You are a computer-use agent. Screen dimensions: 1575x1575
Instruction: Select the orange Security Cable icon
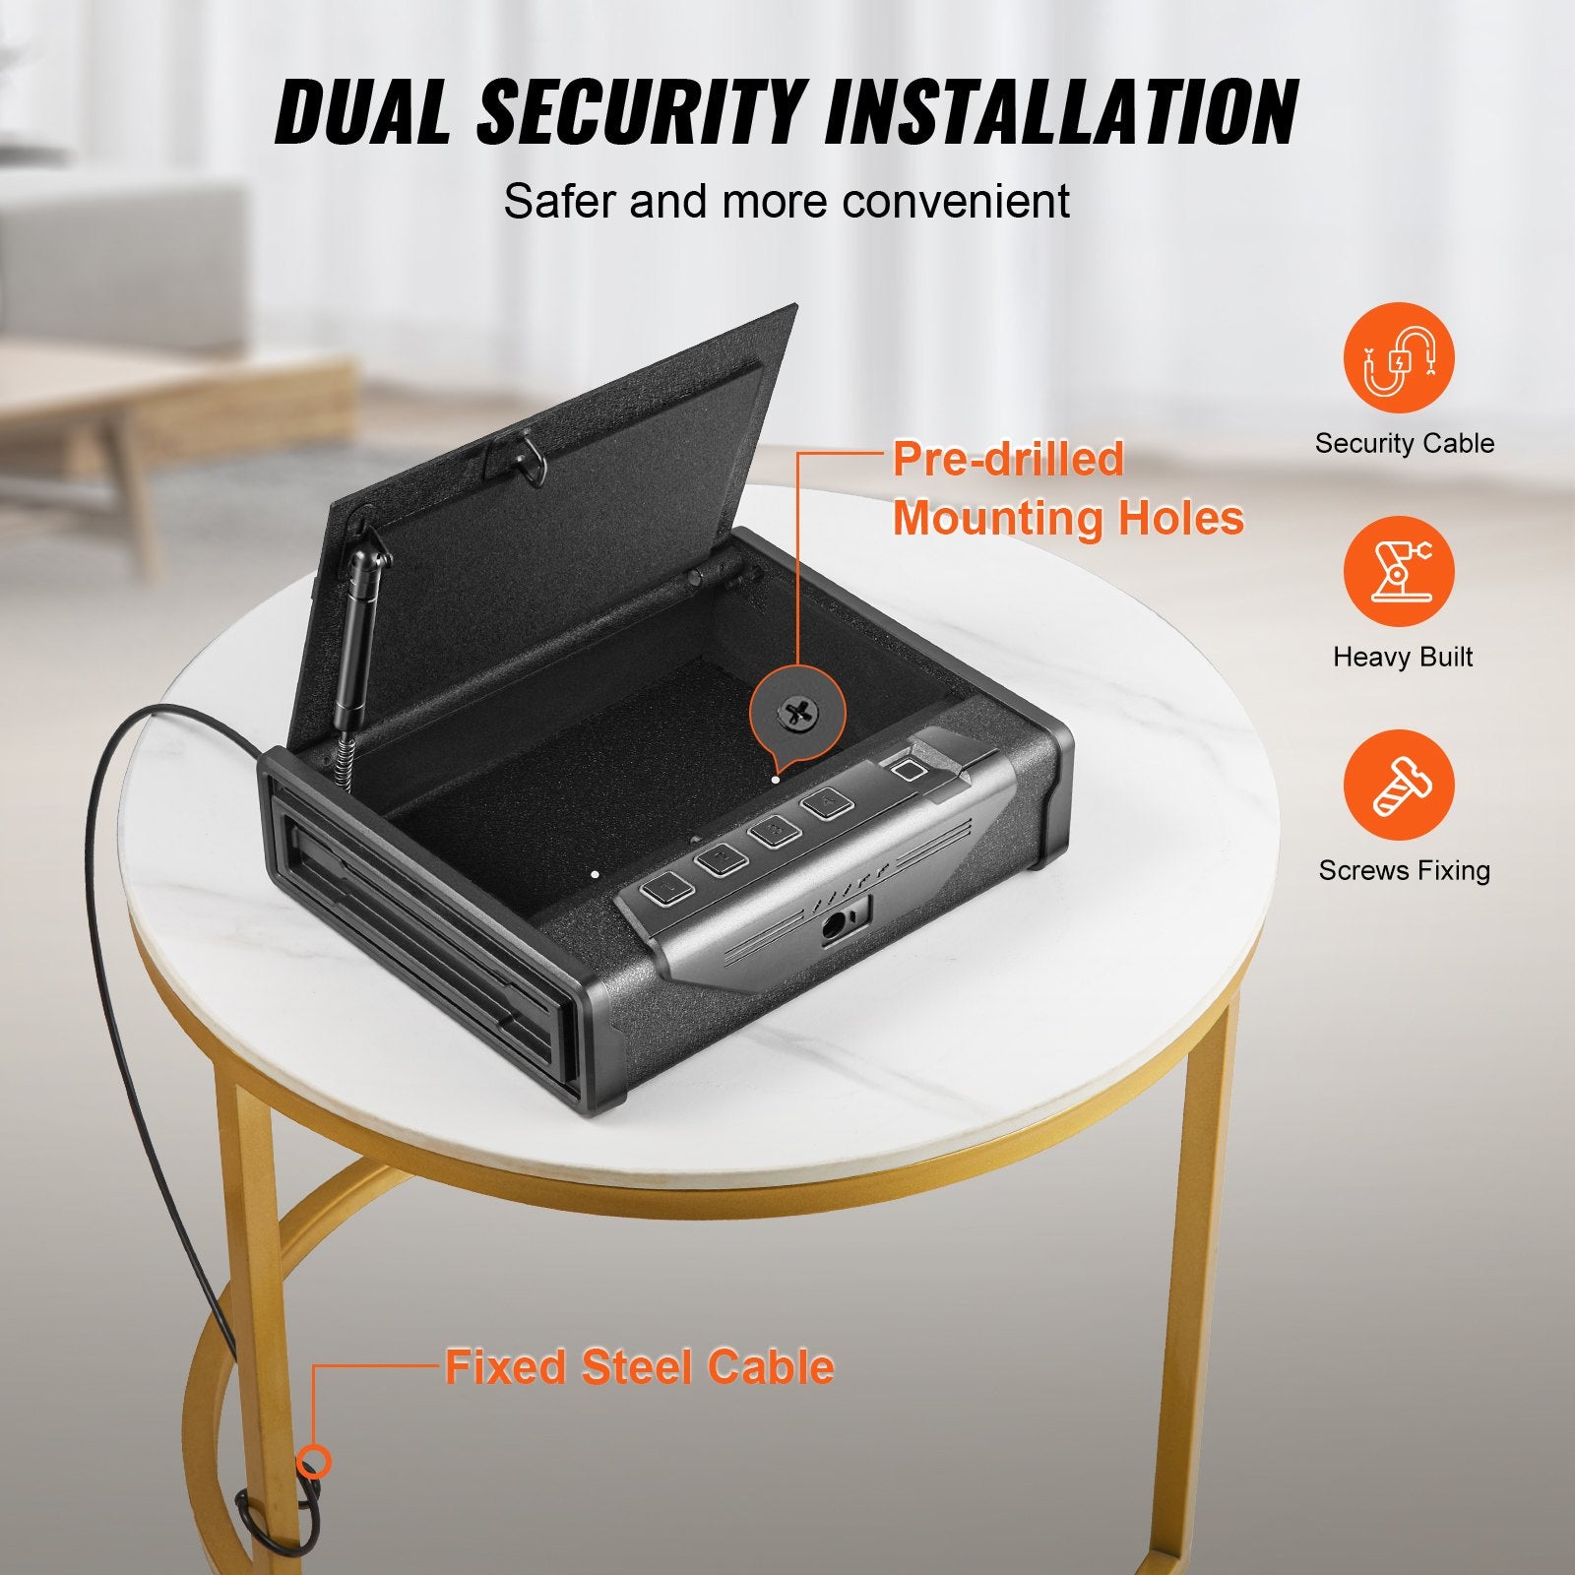pyautogui.click(x=1399, y=357)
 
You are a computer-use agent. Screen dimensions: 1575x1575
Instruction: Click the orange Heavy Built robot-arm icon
pyautogui.click(x=1399, y=571)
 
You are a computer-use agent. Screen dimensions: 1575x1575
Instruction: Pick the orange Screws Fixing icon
pyautogui.click(x=1399, y=785)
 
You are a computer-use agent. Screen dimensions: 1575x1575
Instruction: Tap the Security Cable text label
pyautogui.click(x=1404, y=443)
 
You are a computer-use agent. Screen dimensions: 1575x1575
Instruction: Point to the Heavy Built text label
pyautogui.click(x=1403, y=657)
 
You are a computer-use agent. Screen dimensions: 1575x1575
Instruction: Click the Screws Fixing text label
pyautogui.click(x=1404, y=870)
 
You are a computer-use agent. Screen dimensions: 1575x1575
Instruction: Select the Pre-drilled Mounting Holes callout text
pyautogui.click(x=1067, y=489)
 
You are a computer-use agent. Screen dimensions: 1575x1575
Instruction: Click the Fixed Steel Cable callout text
pyautogui.click(x=639, y=1367)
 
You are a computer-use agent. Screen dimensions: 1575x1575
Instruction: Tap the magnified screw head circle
pyautogui.click(x=796, y=711)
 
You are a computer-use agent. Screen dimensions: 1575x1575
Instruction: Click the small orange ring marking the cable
pyautogui.click(x=314, y=1462)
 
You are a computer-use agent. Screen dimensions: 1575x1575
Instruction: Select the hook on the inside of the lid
pyautogui.click(x=529, y=459)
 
